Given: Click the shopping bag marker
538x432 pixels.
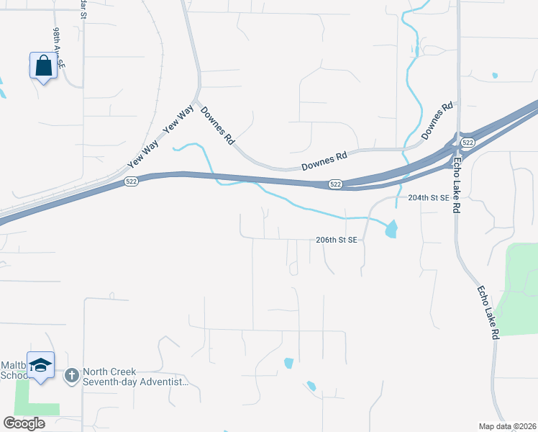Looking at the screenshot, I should pyautogui.click(x=43, y=66).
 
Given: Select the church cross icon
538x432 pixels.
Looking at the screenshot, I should pyautogui.click(x=72, y=375).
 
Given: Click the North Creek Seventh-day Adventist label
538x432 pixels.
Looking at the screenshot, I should pyautogui.click(x=135, y=377).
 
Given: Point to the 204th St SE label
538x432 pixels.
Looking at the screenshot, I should pyautogui.click(x=428, y=197).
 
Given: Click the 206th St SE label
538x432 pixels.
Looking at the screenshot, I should pyautogui.click(x=337, y=240).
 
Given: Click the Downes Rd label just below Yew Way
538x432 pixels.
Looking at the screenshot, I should pyautogui.click(x=218, y=127).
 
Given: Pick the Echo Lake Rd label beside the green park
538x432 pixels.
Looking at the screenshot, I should pyautogui.click(x=488, y=312).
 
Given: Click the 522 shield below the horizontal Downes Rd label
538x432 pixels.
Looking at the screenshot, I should pyautogui.click(x=335, y=184).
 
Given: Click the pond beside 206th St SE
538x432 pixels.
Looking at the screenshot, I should pyautogui.click(x=391, y=230).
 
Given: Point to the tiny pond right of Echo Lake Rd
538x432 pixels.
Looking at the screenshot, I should pyautogui.click(x=494, y=75).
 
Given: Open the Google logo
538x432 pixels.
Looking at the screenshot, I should pyautogui.click(x=24, y=423).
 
